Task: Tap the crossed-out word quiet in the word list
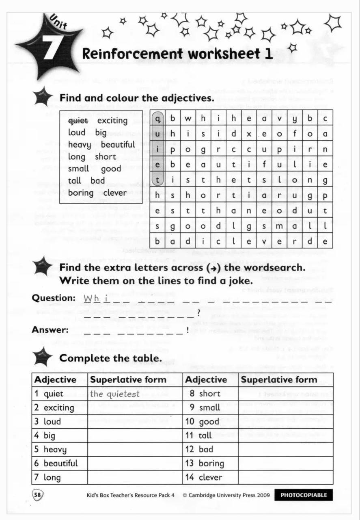(78, 121)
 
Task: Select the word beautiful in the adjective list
(118, 145)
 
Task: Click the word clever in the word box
(115, 193)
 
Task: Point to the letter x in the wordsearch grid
(249, 134)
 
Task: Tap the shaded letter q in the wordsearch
(158, 119)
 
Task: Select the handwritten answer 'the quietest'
(114, 394)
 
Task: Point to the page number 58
(38, 495)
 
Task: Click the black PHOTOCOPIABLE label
(303, 495)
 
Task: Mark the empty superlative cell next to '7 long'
(134, 477)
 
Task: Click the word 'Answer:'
(50, 329)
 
